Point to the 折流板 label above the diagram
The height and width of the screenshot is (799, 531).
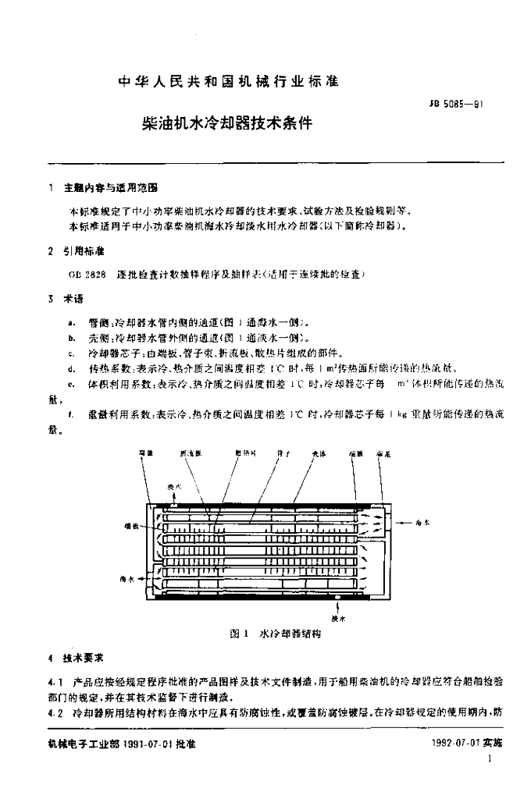click(192, 454)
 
